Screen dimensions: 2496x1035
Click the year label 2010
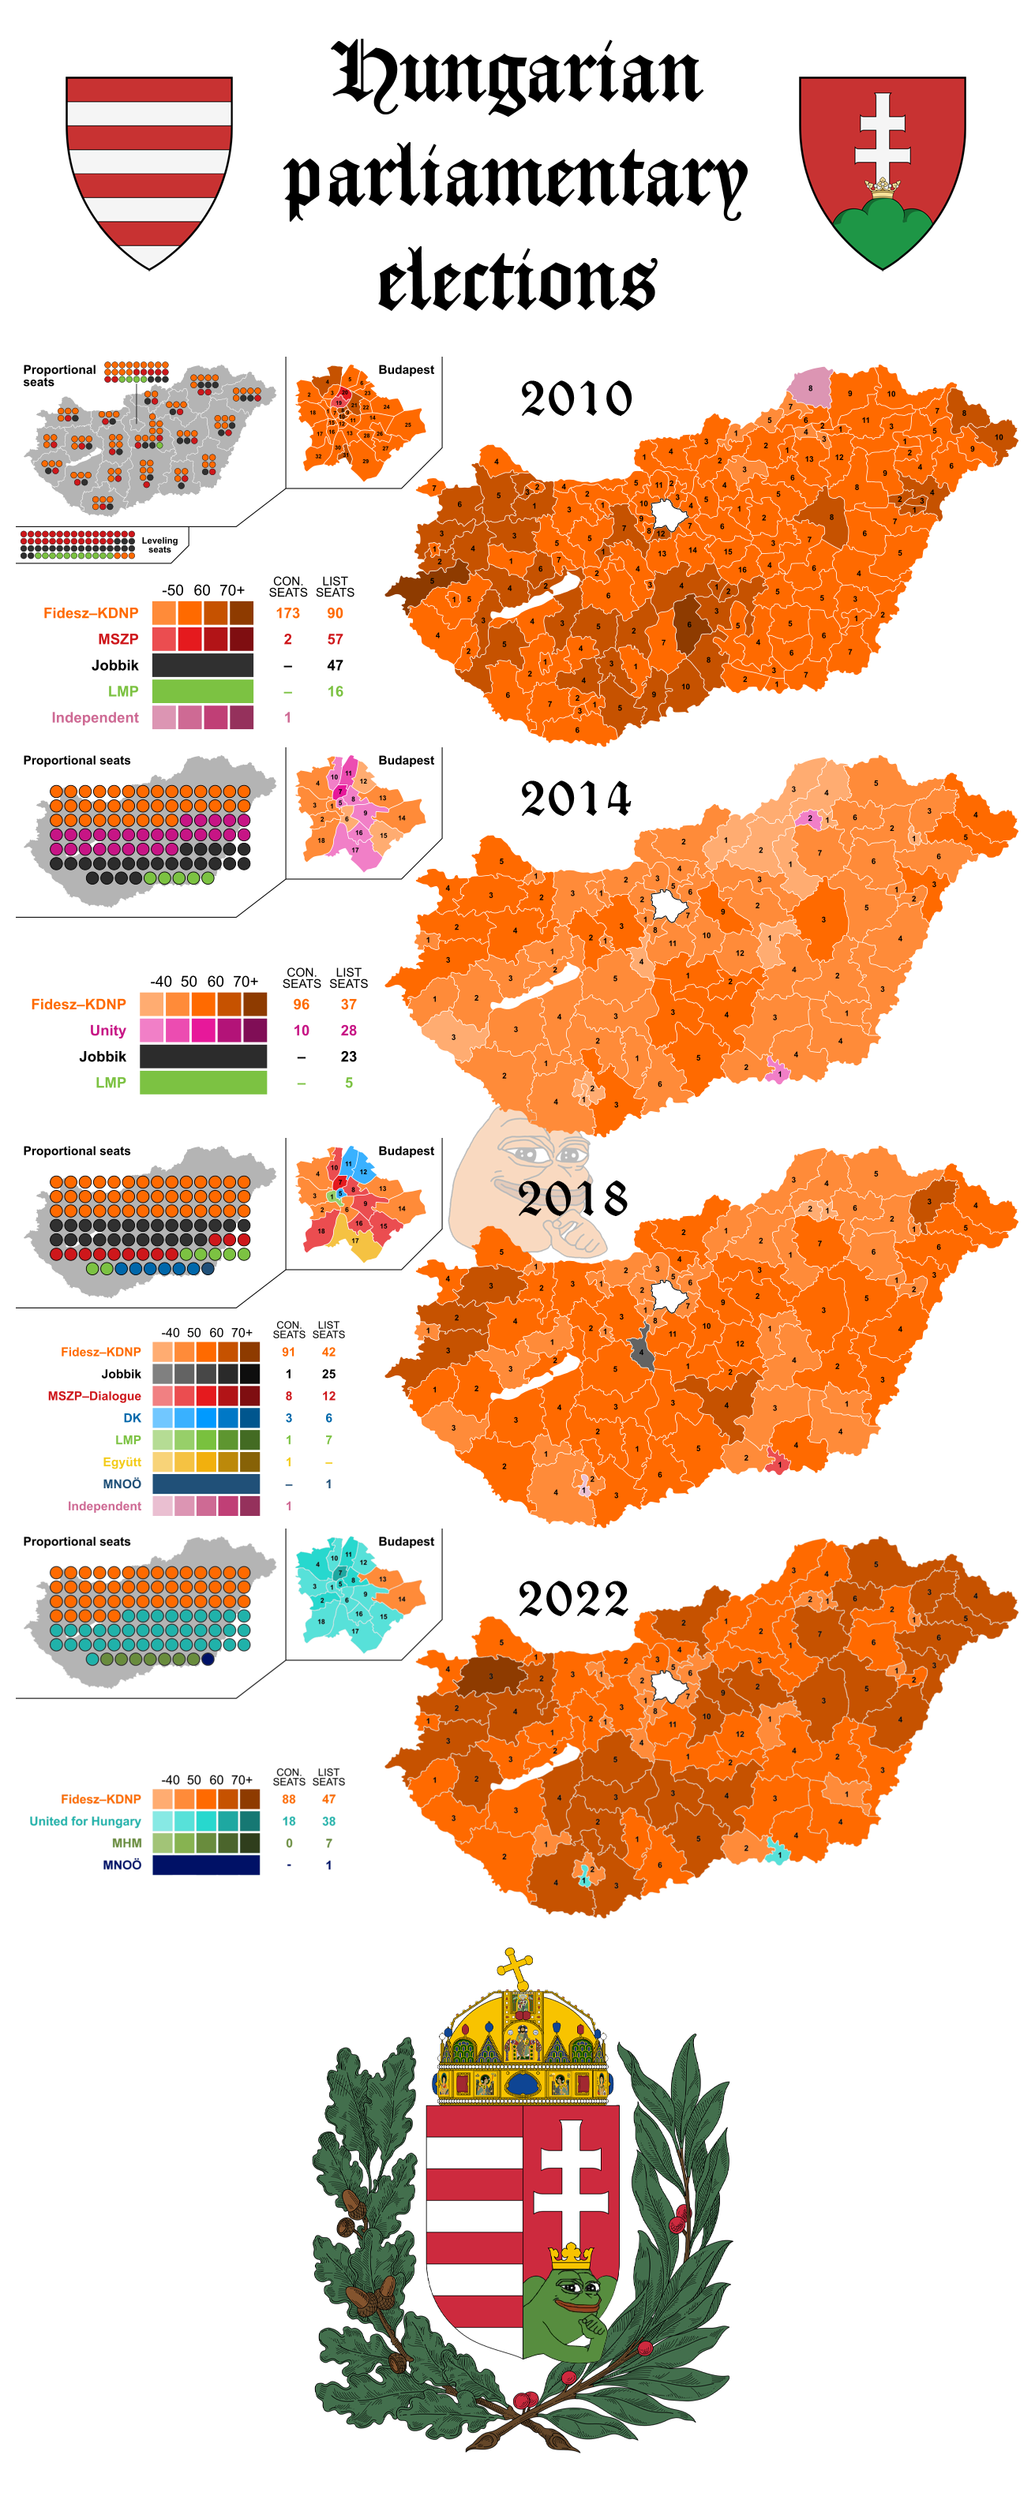click(576, 399)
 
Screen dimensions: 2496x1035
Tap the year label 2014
click(576, 799)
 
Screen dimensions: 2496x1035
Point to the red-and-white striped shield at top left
click(149, 169)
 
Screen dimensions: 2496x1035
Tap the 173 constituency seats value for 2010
click(288, 613)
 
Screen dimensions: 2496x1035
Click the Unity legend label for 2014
click(107, 1031)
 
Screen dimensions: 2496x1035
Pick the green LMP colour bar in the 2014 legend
click(203, 1083)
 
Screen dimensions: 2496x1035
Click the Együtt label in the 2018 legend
click(122, 1462)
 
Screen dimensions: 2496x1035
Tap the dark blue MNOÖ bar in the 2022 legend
click(205, 1865)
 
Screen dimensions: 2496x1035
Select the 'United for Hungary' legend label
click(85, 1821)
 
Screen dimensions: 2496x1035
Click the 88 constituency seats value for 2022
click(289, 1799)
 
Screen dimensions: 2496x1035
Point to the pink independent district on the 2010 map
click(810, 387)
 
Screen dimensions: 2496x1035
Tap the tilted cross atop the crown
click(516, 1968)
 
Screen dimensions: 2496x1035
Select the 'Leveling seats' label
click(160, 544)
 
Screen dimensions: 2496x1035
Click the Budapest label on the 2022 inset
click(406, 1542)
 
